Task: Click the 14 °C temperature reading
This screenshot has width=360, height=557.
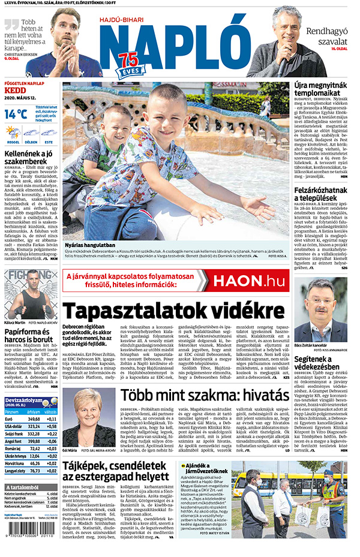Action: tap(15, 113)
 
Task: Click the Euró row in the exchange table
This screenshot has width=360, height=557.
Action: tap(30, 419)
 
